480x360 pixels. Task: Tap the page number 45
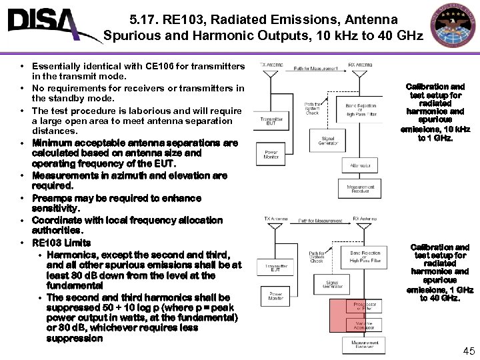[468, 351]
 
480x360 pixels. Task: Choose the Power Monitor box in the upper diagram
[271, 155]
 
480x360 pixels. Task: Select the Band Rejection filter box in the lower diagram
[364, 256]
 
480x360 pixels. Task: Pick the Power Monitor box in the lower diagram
[275, 295]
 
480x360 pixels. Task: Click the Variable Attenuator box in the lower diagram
[364, 325]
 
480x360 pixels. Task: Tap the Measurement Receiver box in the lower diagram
[364, 345]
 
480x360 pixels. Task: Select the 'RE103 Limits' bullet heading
[61, 242]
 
